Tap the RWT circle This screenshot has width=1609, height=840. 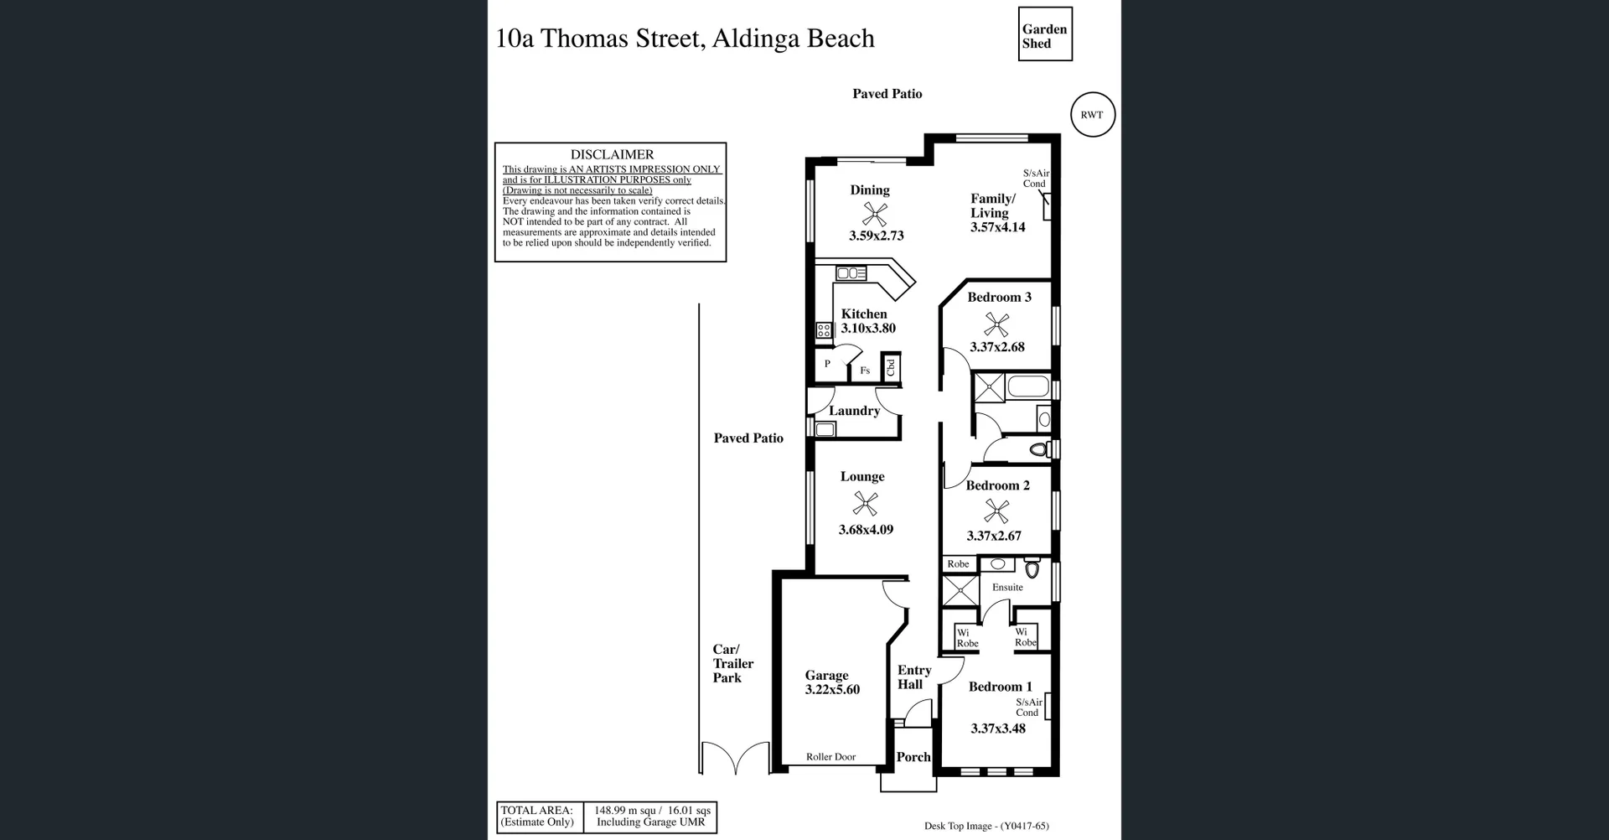1092,115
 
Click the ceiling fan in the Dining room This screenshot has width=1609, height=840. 875,213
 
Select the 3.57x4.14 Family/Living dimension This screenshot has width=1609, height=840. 997,227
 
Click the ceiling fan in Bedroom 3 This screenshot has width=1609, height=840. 996,323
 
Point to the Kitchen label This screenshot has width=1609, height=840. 863,314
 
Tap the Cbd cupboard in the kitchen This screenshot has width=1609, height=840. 891,367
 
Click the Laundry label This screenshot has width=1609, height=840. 854,411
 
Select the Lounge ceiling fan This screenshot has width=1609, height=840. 865,504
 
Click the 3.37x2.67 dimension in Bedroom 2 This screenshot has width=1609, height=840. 994,537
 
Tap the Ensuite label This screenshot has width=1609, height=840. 1007,588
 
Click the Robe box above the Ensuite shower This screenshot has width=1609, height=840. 958,564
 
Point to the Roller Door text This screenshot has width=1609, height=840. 830,757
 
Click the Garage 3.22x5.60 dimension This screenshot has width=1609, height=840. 832,690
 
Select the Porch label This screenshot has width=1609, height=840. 913,757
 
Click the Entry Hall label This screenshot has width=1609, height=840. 913,677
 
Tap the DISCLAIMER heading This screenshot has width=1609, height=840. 612,154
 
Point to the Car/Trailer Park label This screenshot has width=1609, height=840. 732,663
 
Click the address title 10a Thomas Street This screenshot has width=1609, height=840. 685,39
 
